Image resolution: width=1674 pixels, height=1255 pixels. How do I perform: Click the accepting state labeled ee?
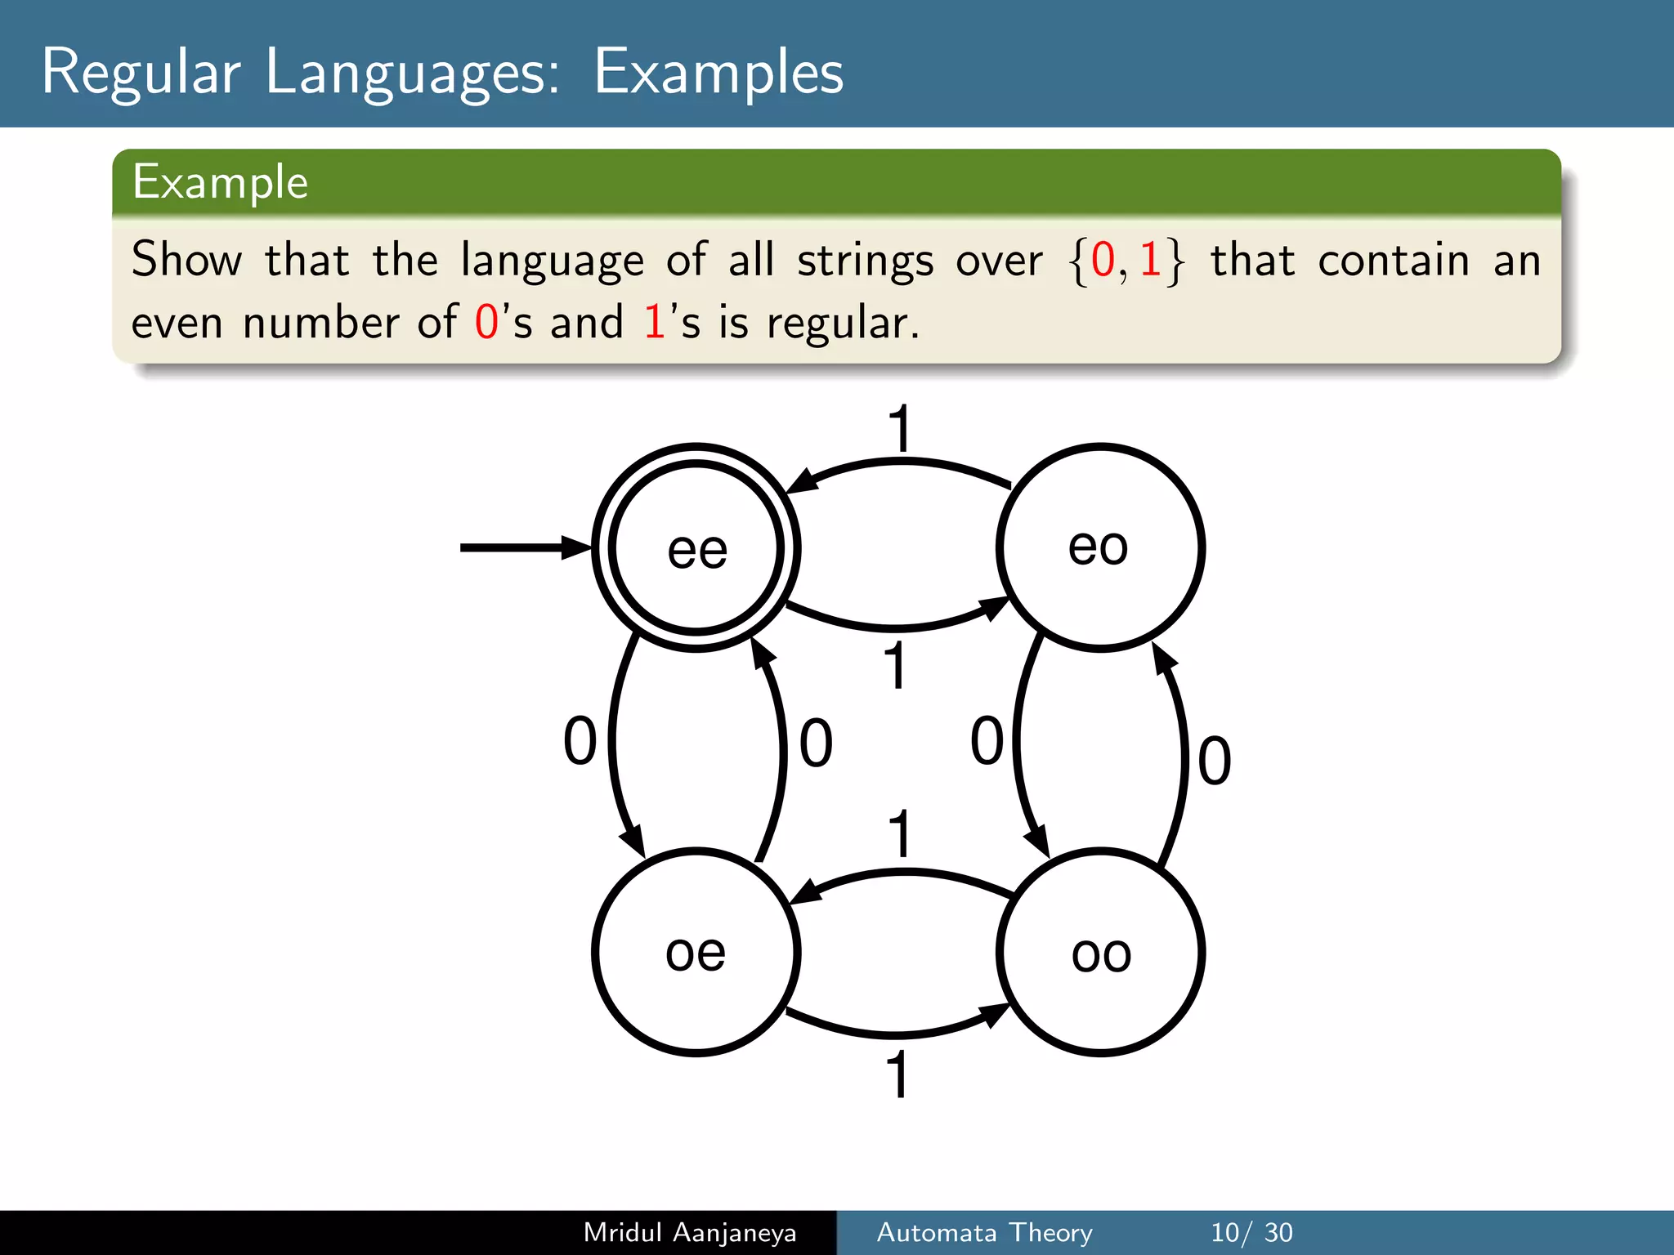click(x=696, y=547)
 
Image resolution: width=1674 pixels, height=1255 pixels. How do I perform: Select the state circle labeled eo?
click(x=1100, y=547)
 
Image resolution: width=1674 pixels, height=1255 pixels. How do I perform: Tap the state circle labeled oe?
click(x=696, y=953)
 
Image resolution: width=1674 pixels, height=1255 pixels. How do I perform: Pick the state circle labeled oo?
click(x=1100, y=953)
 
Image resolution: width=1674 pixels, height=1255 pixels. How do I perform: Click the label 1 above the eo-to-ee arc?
click(x=899, y=428)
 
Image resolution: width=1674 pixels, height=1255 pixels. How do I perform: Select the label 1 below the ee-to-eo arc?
click(x=896, y=665)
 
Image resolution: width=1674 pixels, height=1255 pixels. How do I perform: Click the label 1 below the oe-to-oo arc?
click(x=897, y=1074)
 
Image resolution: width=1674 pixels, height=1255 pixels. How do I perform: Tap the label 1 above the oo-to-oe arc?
click(x=899, y=833)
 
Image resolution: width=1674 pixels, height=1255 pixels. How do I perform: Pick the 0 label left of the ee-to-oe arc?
click(x=580, y=740)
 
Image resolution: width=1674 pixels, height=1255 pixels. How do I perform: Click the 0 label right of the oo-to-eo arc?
click(x=1214, y=761)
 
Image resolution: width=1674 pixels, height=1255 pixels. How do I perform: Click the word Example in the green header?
click(x=220, y=181)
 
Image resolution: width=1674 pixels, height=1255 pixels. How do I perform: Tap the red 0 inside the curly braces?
click(x=1103, y=260)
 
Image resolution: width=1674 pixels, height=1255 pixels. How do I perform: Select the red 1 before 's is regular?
click(x=654, y=322)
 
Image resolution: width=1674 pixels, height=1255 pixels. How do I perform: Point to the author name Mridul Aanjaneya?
click(x=690, y=1232)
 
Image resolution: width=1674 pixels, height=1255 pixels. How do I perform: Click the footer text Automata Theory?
click(x=984, y=1232)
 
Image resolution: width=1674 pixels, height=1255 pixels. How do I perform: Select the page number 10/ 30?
click(x=1251, y=1232)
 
